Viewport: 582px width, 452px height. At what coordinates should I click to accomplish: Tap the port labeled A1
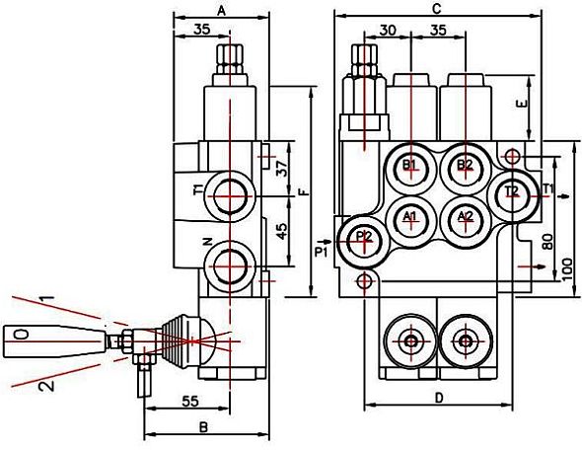(x=410, y=222)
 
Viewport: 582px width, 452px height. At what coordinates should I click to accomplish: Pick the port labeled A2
(x=465, y=222)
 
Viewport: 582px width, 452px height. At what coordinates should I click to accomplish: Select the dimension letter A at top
(x=221, y=12)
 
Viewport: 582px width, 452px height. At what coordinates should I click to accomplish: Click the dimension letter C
(x=437, y=9)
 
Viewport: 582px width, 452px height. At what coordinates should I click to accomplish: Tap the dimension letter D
(x=439, y=398)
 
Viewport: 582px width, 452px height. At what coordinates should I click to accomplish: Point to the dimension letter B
(x=203, y=427)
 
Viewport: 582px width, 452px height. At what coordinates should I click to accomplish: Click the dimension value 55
(x=190, y=401)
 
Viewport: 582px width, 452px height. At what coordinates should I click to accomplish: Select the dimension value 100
(x=567, y=269)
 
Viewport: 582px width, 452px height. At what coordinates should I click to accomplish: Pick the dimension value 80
(x=547, y=242)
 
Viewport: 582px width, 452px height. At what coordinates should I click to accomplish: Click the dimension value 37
(x=283, y=168)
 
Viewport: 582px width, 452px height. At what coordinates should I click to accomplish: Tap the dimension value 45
(x=283, y=231)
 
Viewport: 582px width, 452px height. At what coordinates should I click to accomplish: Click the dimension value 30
(x=388, y=30)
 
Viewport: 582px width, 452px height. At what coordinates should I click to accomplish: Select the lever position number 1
(x=48, y=298)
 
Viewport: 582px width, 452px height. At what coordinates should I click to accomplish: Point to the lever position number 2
(x=46, y=386)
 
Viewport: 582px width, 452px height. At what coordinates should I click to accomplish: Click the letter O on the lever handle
(x=22, y=335)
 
